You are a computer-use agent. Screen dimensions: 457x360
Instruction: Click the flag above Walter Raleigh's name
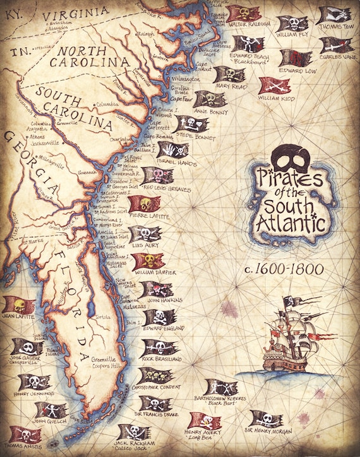point(243,13)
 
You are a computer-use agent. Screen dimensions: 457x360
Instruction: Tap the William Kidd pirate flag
point(275,86)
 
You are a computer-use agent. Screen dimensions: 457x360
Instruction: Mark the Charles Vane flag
point(335,45)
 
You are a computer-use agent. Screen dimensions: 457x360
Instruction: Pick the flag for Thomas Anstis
point(25,435)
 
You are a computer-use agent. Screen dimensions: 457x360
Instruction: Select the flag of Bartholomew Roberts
point(221,387)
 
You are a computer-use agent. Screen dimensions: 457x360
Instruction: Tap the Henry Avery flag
point(205,420)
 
